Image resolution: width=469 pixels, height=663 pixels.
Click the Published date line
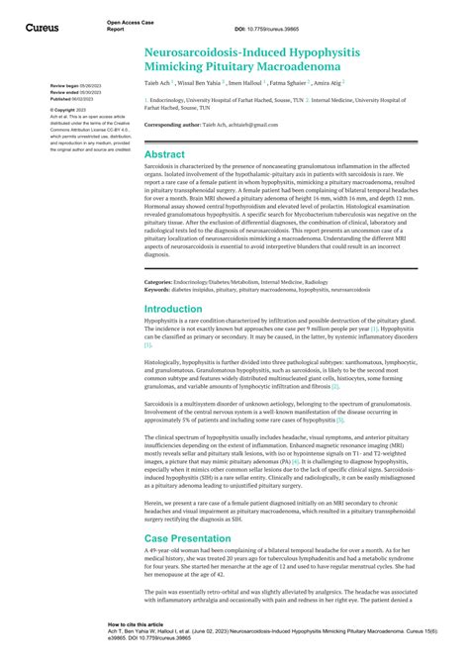pyautogui.click(x=71, y=99)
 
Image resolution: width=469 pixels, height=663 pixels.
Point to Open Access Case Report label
pyautogui.click(x=128, y=25)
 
